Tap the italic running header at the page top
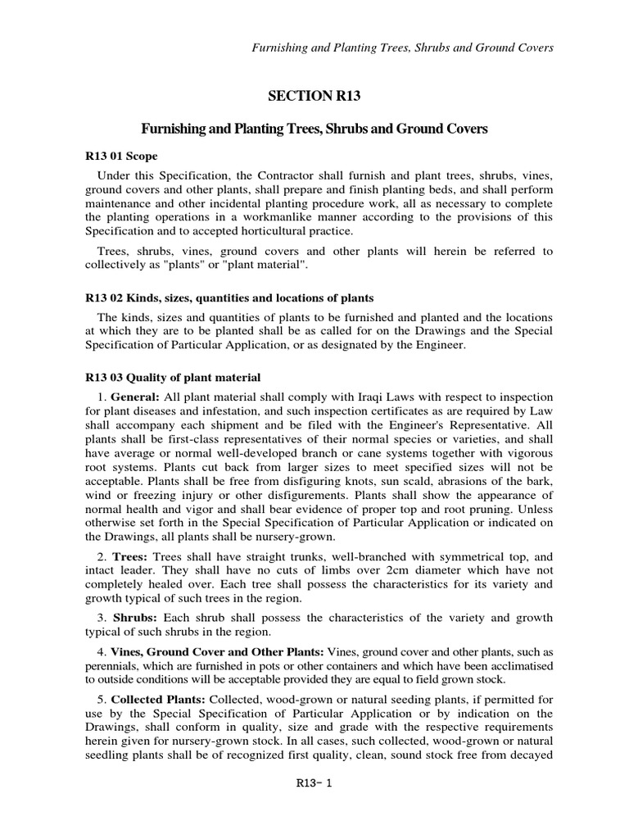pyautogui.click(x=402, y=48)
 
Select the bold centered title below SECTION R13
pyautogui.click(x=314, y=129)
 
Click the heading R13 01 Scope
pyautogui.click(x=121, y=156)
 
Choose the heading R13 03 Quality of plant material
pyautogui.click(x=173, y=378)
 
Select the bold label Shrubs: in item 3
pyautogui.click(x=135, y=617)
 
